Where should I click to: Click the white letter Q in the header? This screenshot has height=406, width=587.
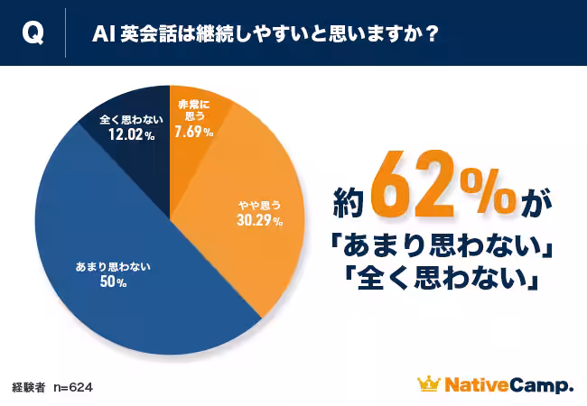click(32, 33)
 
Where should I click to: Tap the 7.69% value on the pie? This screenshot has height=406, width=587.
click(194, 132)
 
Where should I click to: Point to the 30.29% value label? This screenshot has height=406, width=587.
click(259, 220)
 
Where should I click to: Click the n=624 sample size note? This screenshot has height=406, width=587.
click(73, 386)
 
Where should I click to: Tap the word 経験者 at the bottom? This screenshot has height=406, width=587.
click(30, 386)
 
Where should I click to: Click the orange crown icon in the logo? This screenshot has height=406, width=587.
click(428, 385)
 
